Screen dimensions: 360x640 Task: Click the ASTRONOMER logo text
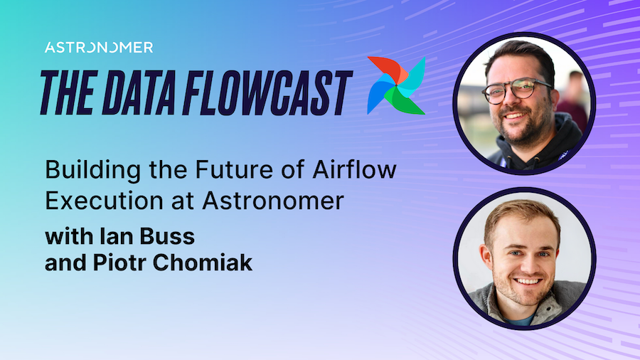pyautogui.click(x=98, y=48)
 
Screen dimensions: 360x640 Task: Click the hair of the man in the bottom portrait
pyautogui.click(x=523, y=213)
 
